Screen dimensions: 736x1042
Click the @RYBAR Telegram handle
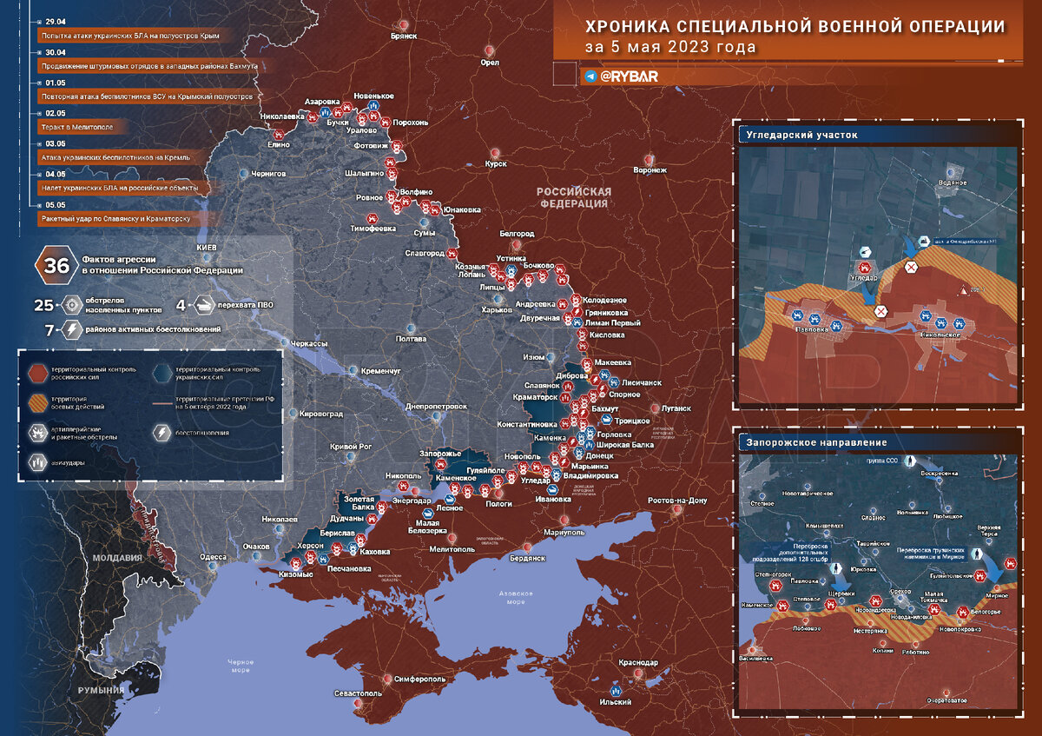629,76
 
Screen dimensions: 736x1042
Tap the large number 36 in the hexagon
57,265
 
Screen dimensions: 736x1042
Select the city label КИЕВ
207,249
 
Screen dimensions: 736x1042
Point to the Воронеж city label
650,170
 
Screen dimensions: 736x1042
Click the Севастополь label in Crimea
358,693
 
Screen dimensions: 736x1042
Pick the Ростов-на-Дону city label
677,501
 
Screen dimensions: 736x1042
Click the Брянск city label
405,36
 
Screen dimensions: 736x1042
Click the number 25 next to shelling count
44,305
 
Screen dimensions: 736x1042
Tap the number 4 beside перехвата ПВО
181,305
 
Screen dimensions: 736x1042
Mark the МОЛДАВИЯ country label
118,558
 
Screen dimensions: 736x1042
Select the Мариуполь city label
565,532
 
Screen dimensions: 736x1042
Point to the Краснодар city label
638,663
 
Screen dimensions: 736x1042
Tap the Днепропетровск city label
437,406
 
